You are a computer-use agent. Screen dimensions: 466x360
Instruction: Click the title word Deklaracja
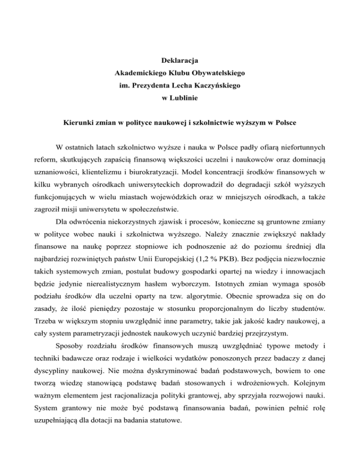[x=180, y=61]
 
